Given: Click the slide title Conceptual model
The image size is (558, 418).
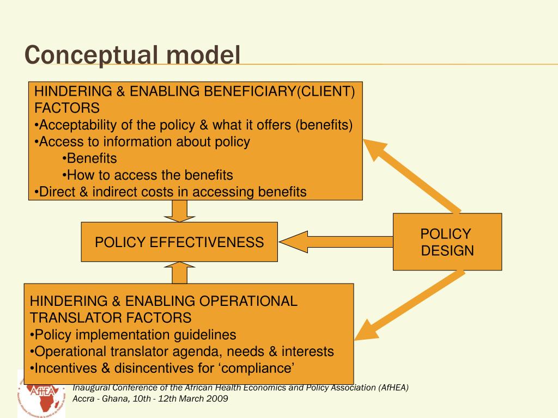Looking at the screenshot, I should point(132,55).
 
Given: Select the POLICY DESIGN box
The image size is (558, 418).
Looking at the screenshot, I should point(447,242).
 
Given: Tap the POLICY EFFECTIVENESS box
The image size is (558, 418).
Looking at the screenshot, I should point(179,242).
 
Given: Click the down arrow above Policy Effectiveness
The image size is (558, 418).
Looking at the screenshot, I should point(179,211).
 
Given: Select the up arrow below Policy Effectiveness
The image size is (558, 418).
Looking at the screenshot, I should point(179,272).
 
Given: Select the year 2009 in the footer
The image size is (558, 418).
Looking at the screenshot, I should point(217,398).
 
